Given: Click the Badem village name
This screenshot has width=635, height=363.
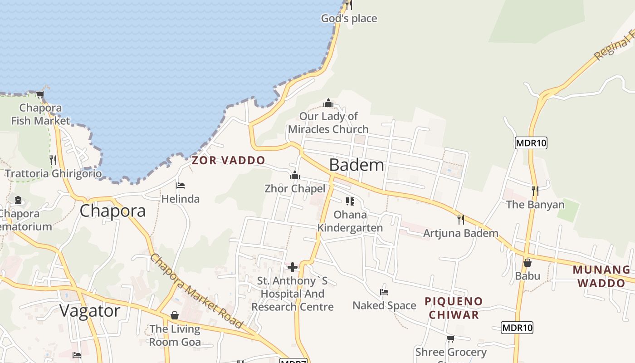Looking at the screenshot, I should [x=357, y=165].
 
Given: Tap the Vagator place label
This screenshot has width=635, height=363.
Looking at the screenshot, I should [x=90, y=311].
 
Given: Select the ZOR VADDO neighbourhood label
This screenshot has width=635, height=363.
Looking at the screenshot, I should [x=228, y=160].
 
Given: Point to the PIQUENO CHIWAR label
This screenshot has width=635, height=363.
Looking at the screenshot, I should [x=454, y=308].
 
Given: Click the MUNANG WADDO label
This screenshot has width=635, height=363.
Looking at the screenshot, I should [x=601, y=276].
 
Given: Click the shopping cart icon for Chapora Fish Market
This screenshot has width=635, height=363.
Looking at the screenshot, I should [x=40, y=95].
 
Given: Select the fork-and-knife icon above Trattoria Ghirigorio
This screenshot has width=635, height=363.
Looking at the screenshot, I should [x=53, y=160].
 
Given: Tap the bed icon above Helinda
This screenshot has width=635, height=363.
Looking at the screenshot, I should [x=180, y=186].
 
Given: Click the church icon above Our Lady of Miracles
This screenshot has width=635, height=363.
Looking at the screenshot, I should [x=328, y=103].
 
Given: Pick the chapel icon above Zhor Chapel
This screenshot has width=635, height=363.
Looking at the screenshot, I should [x=295, y=175].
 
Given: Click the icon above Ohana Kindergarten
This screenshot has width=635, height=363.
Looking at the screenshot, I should [x=350, y=201].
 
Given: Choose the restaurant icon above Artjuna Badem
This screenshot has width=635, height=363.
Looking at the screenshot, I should [x=461, y=220].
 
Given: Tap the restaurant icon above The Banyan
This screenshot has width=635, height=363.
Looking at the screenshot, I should [x=535, y=191].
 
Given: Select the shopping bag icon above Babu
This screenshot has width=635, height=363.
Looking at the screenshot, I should [x=528, y=262].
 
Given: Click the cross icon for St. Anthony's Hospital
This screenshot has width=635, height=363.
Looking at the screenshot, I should [x=293, y=267].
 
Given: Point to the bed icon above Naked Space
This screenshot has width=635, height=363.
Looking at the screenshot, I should [x=384, y=292].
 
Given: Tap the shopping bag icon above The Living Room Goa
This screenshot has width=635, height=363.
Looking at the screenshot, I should [x=175, y=315].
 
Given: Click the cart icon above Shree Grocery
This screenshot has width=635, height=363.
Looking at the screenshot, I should [x=450, y=338].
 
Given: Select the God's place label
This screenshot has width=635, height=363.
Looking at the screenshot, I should [x=349, y=19].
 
